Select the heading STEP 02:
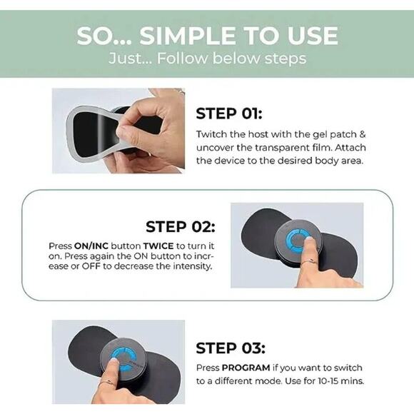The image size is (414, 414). (x=181, y=226)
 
